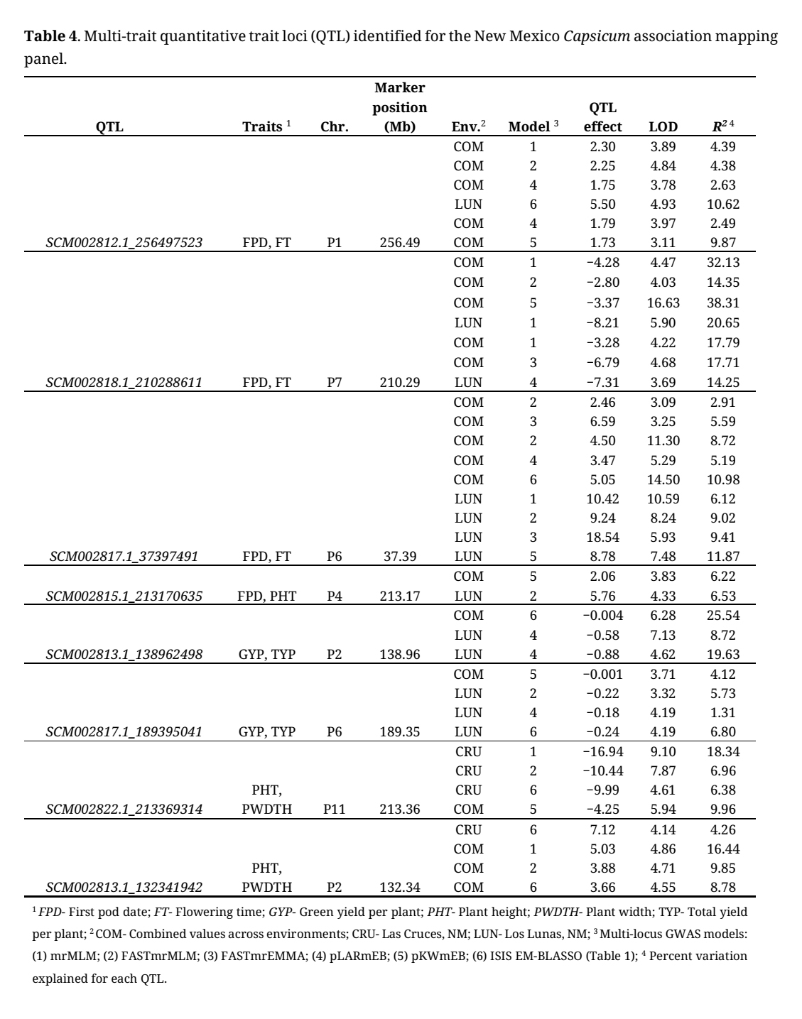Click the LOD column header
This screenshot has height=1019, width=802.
[663, 127]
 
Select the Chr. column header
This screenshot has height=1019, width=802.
[335, 127]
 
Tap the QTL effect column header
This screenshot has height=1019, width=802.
[602, 118]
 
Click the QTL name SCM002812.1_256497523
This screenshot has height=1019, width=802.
[124, 243]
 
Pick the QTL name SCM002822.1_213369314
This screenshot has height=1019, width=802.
[124, 809]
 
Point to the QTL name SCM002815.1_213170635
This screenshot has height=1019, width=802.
[124, 596]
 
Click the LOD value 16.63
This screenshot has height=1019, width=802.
[663, 303]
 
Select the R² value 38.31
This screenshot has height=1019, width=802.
[723, 303]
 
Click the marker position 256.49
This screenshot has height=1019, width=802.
[400, 243]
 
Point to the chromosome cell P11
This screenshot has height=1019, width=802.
[335, 809]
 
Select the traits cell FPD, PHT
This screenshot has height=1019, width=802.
[267, 596]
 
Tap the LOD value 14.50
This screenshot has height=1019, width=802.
[663, 479]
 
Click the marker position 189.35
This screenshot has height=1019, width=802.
[400, 732]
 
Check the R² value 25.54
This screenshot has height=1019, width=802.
[723, 616]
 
